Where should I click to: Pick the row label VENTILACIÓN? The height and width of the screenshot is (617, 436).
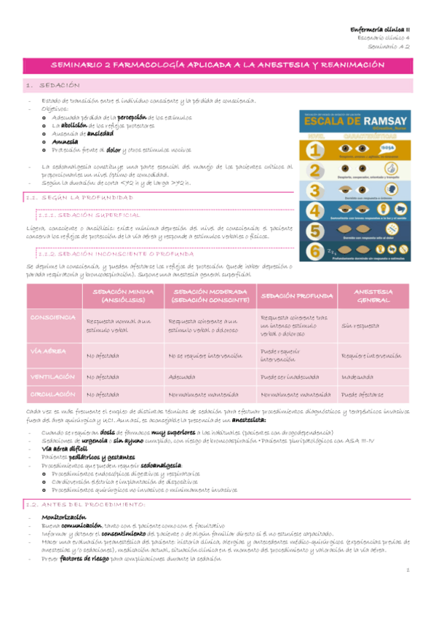(x=53, y=377)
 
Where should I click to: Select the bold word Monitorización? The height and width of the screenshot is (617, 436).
(x=66, y=515)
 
